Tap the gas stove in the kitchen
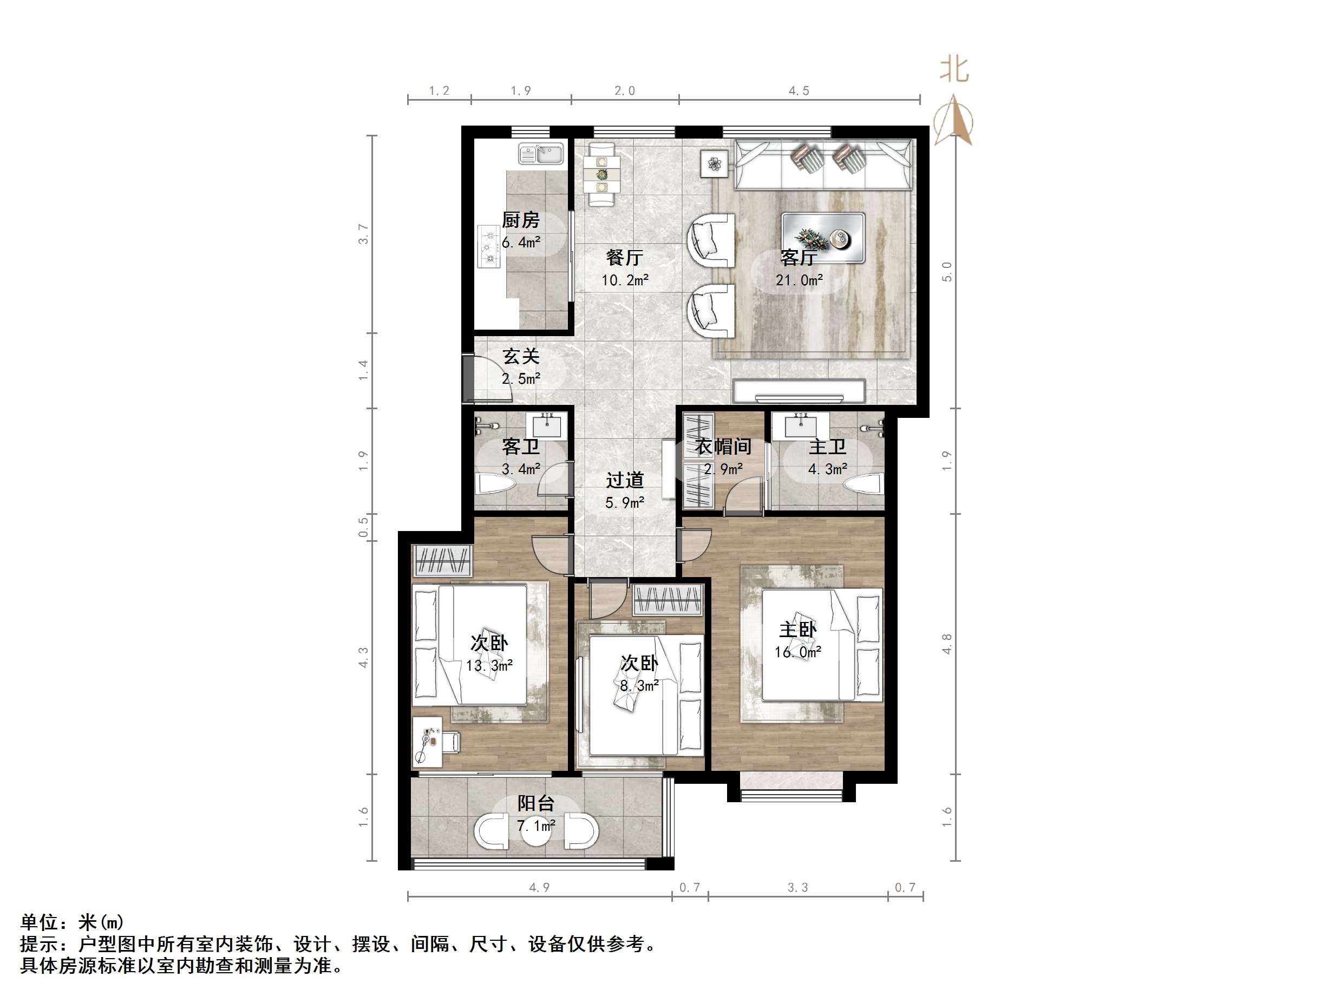tap(490, 246)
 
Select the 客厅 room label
tap(798, 258)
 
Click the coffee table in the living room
tap(822, 238)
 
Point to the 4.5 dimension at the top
tap(799, 90)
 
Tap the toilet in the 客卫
tap(495, 483)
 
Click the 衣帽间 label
tap(723, 447)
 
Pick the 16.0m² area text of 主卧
tap(797, 652)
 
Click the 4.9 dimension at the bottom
tap(539, 887)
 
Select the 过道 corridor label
tap(624, 480)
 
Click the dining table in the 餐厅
tap(601, 174)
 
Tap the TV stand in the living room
tap(799, 391)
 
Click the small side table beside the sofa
tap(714, 164)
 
